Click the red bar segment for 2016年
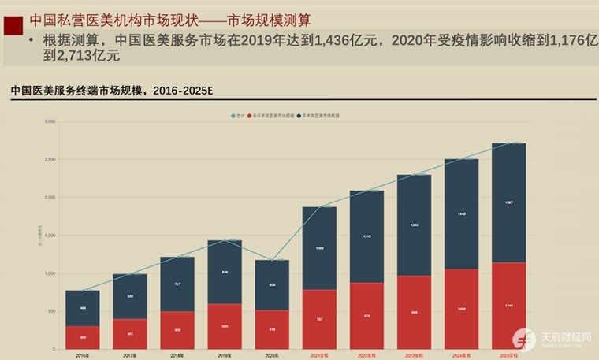click(x=82, y=337)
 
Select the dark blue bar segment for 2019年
click(x=225, y=272)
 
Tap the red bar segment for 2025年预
click(x=508, y=306)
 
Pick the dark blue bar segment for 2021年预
click(x=319, y=248)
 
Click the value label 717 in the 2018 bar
click(x=177, y=284)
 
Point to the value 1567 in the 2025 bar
click(x=509, y=202)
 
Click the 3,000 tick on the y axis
click(x=50, y=122)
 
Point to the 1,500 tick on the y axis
click(x=50, y=236)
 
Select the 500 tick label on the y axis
click(x=51, y=311)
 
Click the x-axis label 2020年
click(x=272, y=355)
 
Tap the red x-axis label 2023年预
click(x=414, y=355)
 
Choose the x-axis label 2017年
click(x=130, y=355)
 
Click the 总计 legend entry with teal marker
click(x=239, y=116)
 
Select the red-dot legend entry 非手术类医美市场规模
click(x=271, y=116)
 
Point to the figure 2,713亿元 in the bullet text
click(x=82, y=56)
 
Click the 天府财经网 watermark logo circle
click(x=524, y=339)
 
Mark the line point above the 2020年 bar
click(x=272, y=260)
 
